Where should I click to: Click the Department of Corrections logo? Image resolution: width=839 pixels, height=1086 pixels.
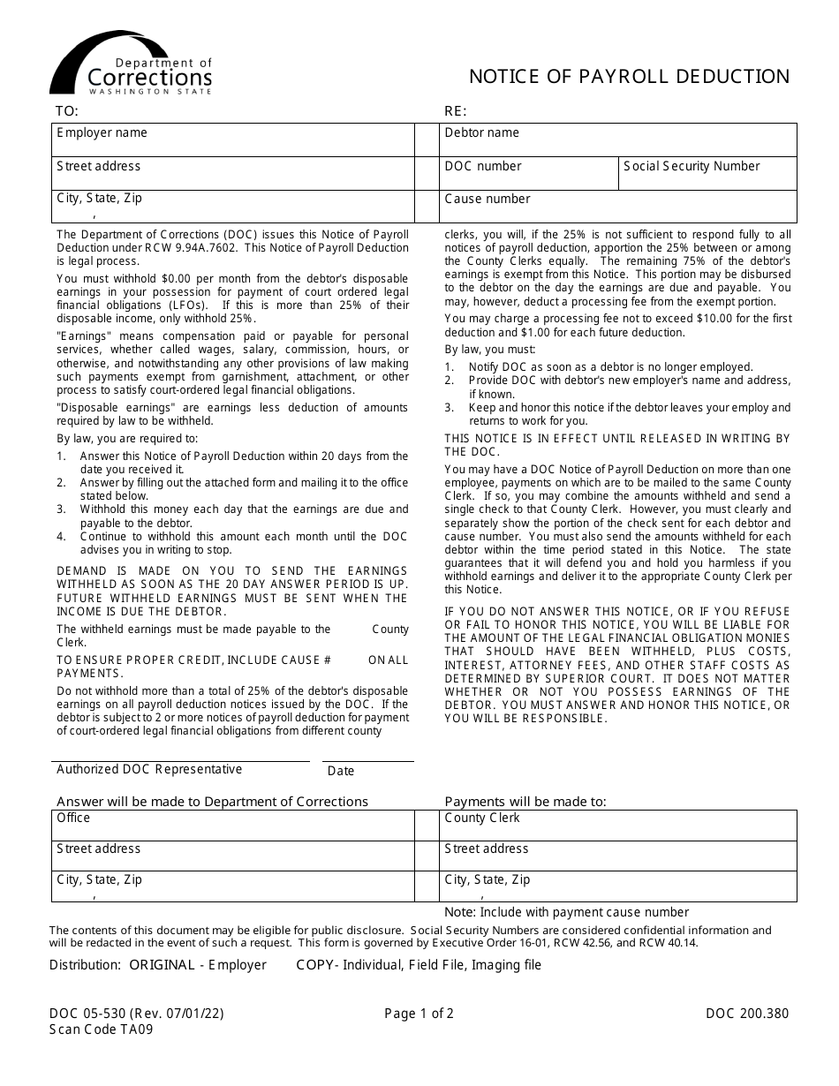click(131, 64)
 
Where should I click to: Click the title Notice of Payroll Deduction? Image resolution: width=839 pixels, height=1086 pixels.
click(629, 77)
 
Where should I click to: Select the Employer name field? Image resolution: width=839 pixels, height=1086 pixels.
click(233, 140)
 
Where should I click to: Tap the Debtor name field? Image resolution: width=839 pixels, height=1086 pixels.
click(618, 140)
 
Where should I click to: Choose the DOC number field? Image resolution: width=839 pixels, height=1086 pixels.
click(528, 174)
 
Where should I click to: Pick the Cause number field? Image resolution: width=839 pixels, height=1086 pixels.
click(618, 207)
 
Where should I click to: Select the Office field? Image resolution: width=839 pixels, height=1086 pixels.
click(233, 826)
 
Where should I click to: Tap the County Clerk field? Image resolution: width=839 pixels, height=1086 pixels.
click(618, 826)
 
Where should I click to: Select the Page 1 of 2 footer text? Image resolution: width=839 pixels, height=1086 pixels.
click(419, 1014)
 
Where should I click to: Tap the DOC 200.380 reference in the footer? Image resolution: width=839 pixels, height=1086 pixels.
click(747, 1014)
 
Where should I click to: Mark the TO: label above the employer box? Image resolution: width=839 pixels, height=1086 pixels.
click(67, 111)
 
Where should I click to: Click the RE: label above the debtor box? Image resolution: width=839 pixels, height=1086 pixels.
click(455, 111)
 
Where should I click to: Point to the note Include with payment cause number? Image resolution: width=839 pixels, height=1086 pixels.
click(566, 912)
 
